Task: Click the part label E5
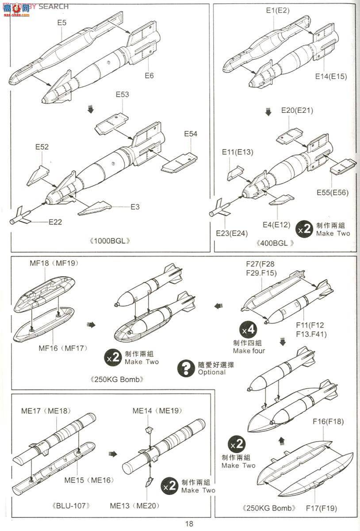point(61,23)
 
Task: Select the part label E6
point(149,76)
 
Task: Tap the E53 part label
point(123,94)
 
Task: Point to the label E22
point(55,222)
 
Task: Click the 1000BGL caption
point(111,241)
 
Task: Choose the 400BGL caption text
point(274,243)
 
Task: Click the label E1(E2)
point(277,11)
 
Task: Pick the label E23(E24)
point(231,233)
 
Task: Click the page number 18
point(189,524)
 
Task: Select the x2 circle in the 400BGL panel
point(304,229)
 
